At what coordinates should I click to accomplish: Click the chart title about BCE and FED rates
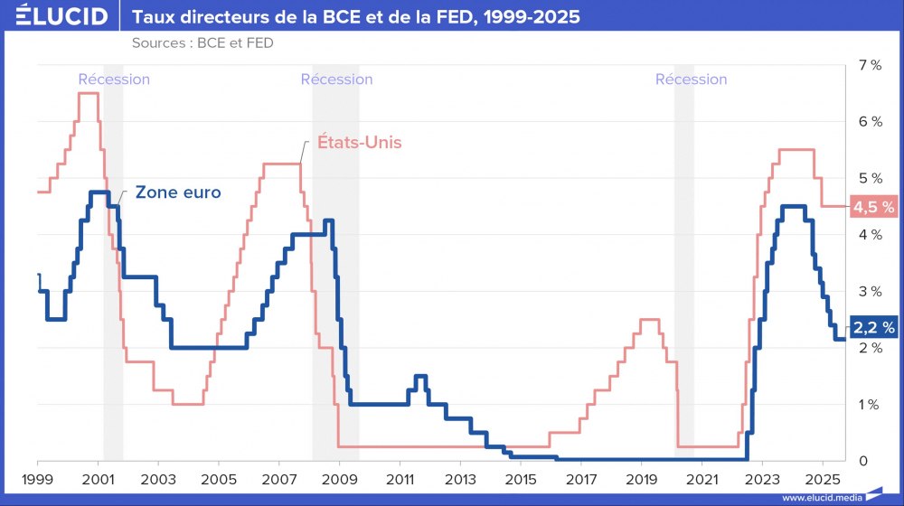(356, 17)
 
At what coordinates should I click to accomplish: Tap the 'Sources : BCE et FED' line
(202, 42)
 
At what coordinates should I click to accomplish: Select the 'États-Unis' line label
(359, 143)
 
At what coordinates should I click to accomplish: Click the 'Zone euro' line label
(178, 192)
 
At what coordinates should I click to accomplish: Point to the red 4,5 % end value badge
(873, 207)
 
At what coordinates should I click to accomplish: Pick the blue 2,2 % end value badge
(873, 327)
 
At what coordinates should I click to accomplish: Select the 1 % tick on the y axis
(870, 404)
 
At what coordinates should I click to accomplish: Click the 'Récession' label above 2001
(114, 80)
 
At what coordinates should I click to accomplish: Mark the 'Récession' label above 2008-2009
(336, 80)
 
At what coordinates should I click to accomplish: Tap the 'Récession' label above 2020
(691, 80)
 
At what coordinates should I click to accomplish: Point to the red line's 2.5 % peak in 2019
(649, 319)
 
